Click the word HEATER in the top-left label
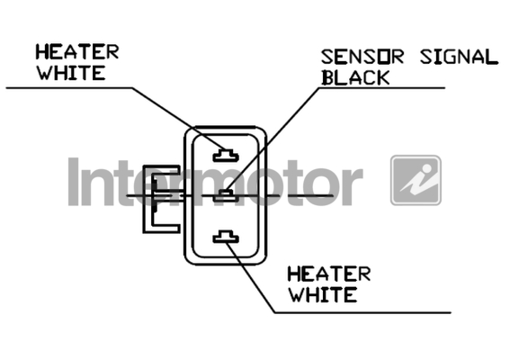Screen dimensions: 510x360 coord(77,52)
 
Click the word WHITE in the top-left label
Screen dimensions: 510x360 coord(71,73)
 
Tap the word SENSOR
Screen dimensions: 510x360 coord(362,57)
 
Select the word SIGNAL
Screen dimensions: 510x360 coord(459,57)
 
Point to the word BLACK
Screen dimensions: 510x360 coord(356,77)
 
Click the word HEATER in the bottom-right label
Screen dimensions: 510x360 coord(329,274)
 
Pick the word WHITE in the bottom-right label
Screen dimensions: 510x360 coord(323,294)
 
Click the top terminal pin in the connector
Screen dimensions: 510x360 coord(226,156)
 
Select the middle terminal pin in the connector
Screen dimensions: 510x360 coord(226,195)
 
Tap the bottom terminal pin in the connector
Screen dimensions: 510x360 coord(226,237)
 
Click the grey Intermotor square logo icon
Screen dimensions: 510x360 coord(416,180)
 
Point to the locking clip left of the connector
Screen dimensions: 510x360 coord(161,199)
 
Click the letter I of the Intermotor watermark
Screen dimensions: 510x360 coord(74,182)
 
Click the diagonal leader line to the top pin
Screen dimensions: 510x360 coord(178,118)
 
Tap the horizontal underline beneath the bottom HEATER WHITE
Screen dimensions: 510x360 coord(363,313)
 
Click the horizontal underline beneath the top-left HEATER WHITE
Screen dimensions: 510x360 coord(69,87)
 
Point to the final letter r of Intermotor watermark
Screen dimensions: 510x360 coord(353,186)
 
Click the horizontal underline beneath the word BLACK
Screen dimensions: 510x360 coord(381,87)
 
